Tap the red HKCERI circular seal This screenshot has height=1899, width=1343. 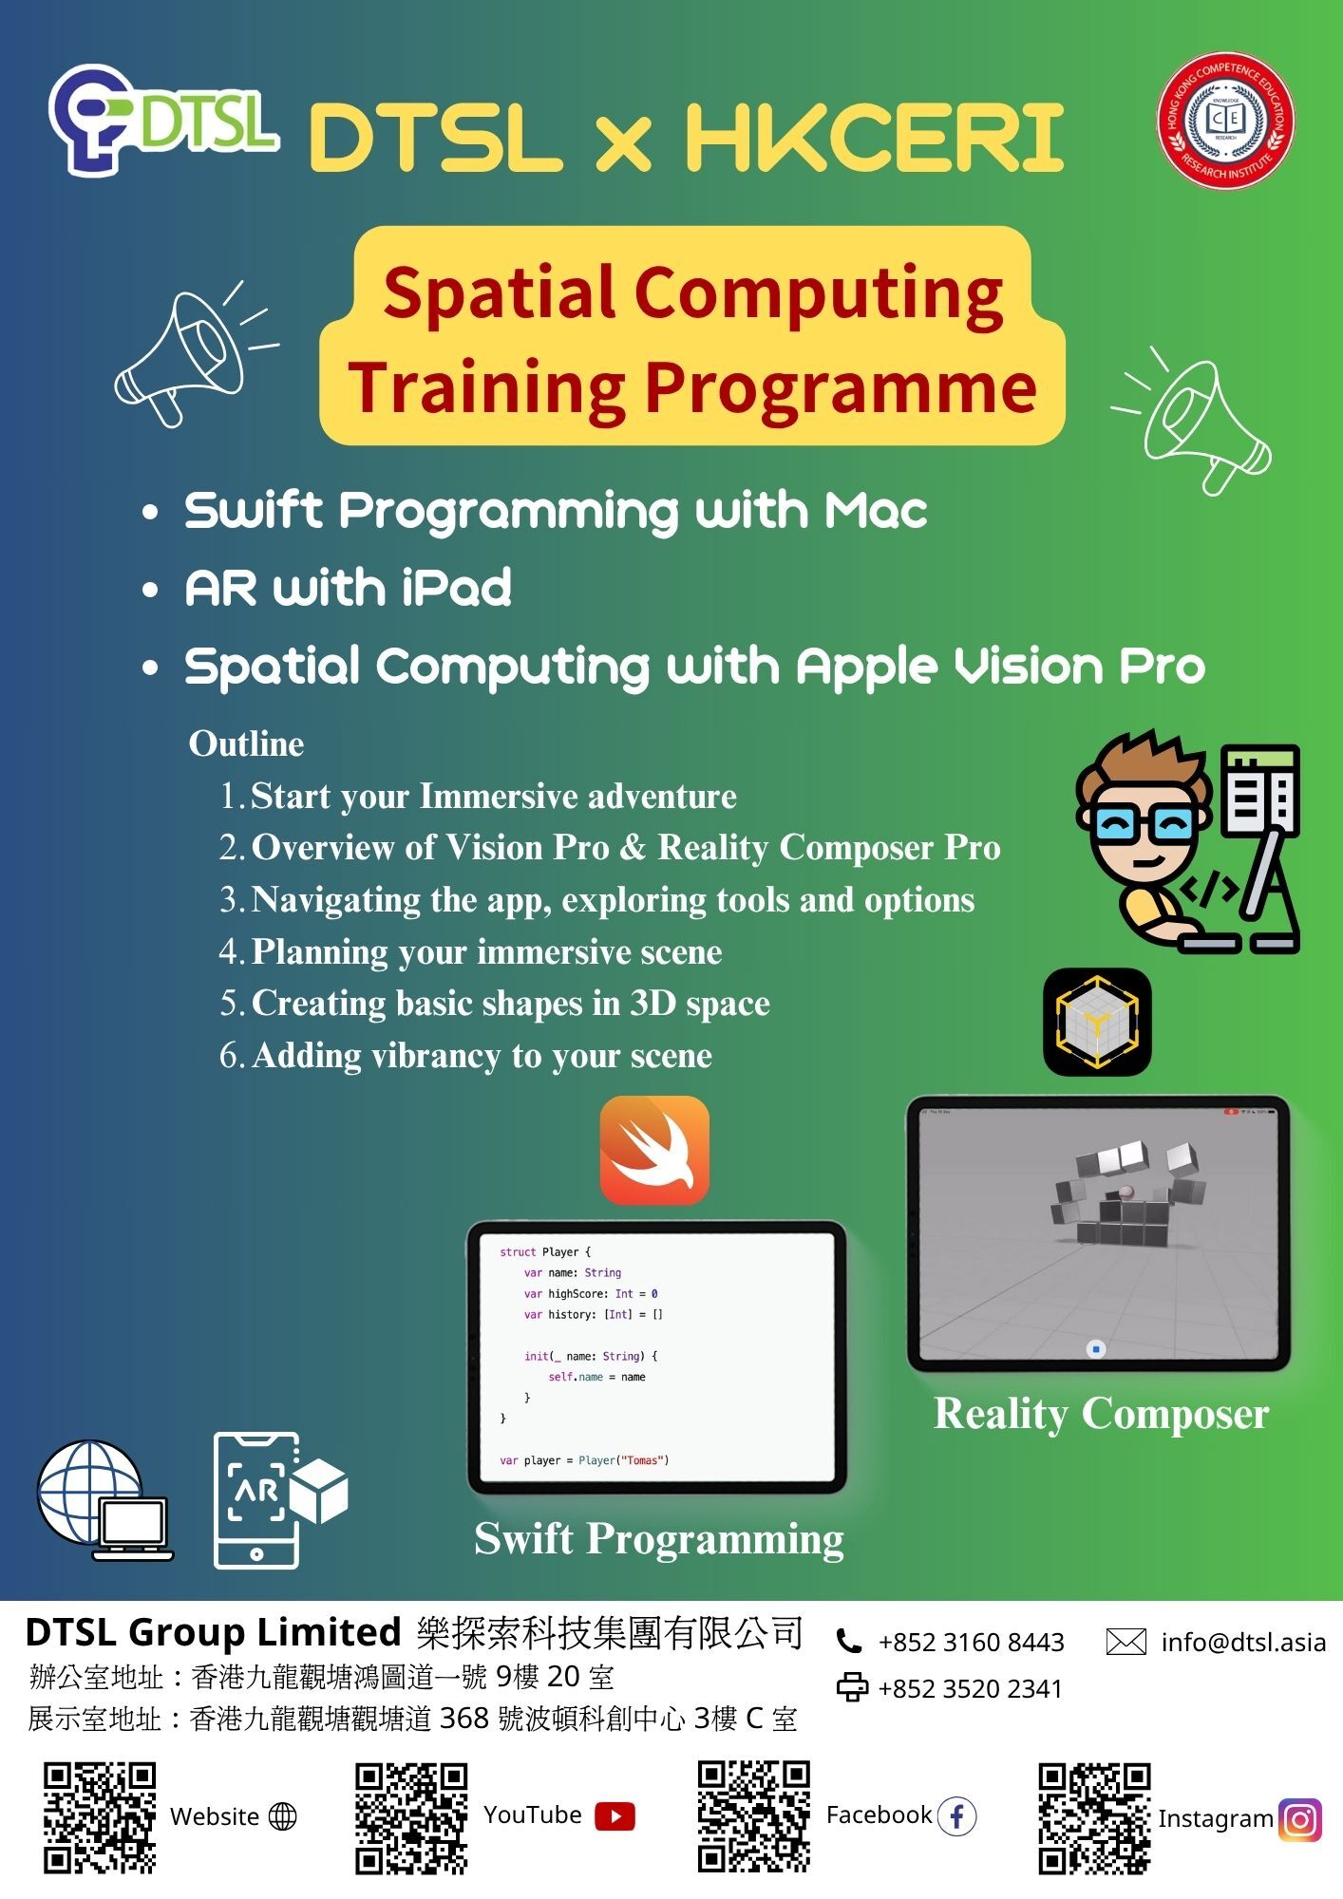pyautogui.click(x=1225, y=120)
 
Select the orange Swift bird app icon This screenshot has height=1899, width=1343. pyautogui.click(x=654, y=1150)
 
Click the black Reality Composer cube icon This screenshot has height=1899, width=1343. pyautogui.click(x=1097, y=1022)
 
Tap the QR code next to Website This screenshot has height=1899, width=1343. pyautogui.click(x=100, y=1817)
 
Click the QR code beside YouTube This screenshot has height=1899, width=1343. pyautogui.click(x=412, y=1817)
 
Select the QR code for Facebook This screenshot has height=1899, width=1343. pyautogui.click(x=754, y=1815)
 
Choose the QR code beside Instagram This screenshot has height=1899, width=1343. pyautogui.click(x=1094, y=1817)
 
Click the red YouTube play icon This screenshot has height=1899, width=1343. pyautogui.click(x=615, y=1816)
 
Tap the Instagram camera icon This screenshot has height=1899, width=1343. pyautogui.click(x=1300, y=1819)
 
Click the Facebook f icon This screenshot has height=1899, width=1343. pyautogui.click(x=956, y=1816)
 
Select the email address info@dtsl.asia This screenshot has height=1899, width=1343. pyautogui.click(x=1243, y=1642)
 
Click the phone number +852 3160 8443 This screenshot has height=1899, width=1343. pyautogui.click(x=971, y=1642)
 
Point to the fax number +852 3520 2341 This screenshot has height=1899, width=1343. pyautogui.click(x=970, y=1688)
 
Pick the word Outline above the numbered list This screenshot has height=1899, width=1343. pyautogui.click(x=246, y=743)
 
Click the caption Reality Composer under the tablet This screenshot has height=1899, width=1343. pyautogui.click(x=1102, y=1414)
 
